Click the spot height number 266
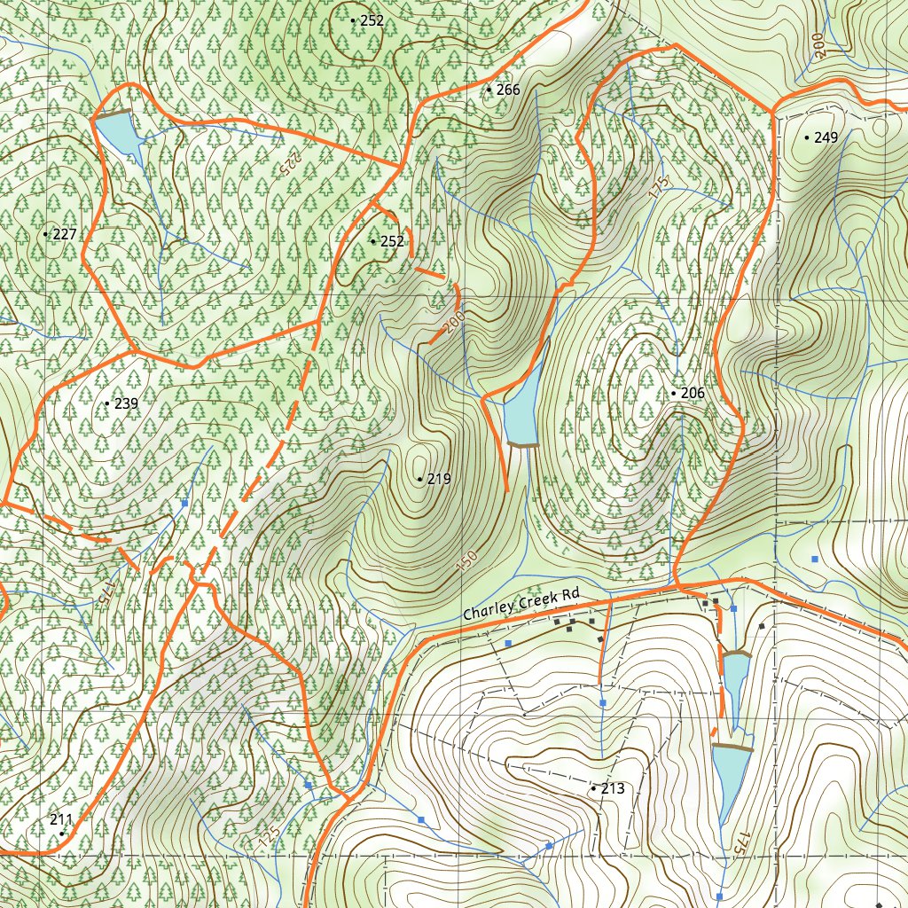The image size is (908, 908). pyautogui.click(x=508, y=90)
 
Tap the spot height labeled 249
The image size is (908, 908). pyautogui.click(x=826, y=137)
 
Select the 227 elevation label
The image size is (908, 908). pyautogui.click(x=65, y=234)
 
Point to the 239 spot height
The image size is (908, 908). pyautogui.click(x=126, y=403)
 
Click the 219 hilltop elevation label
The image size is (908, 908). pyautogui.click(x=439, y=479)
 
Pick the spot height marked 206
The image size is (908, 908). pyautogui.click(x=692, y=393)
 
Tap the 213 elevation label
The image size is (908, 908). pyautogui.click(x=613, y=788)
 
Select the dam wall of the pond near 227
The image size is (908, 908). pyautogui.click(x=113, y=113)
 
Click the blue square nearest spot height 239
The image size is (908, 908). pyautogui.click(x=184, y=503)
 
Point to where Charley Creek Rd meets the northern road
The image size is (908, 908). pyautogui.click(x=677, y=584)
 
